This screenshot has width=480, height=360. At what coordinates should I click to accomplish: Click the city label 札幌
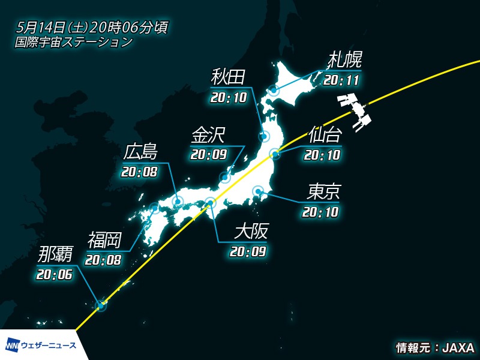pyautogui.click(x=345, y=61)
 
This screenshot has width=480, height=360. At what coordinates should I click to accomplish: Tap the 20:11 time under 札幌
pyautogui.click(x=343, y=79)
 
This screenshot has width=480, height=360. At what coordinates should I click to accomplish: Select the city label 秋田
pyautogui.click(x=229, y=78)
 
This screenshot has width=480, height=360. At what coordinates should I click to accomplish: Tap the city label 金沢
pyautogui.click(x=208, y=135)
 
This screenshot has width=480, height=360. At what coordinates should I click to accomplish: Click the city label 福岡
pyautogui.click(x=104, y=240)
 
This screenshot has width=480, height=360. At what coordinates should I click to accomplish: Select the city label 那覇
pyautogui.click(x=55, y=254)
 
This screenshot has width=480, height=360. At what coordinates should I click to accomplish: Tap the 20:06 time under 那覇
pyautogui.click(x=54, y=275)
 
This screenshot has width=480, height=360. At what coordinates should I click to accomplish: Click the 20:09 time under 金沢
pyautogui.click(x=208, y=155)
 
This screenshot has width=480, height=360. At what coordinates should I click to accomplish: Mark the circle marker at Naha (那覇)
pyautogui.click(x=101, y=306)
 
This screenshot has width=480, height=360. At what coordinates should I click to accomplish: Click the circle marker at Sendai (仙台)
pyautogui.click(x=275, y=154)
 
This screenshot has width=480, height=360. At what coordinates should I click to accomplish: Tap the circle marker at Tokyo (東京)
pyautogui.click(x=258, y=192)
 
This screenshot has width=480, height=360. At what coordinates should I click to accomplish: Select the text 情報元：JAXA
pyautogui.click(x=435, y=348)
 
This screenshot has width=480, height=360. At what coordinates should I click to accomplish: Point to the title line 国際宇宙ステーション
pyautogui.click(x=74, y=42)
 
